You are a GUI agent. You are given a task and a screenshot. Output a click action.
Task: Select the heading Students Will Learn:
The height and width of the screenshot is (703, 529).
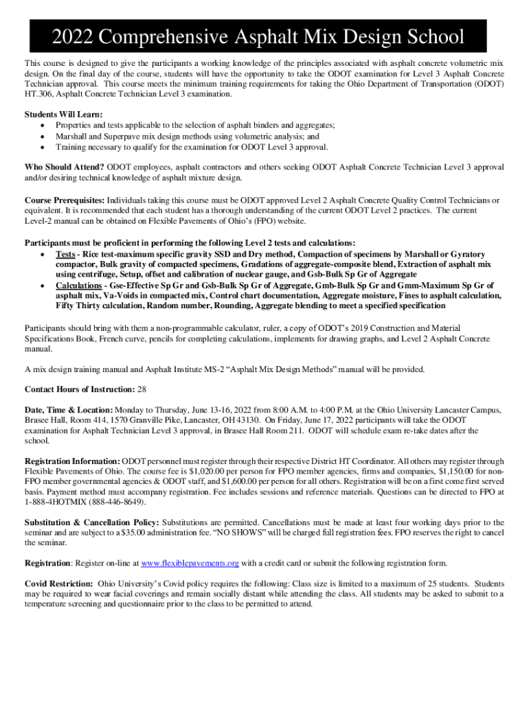64,114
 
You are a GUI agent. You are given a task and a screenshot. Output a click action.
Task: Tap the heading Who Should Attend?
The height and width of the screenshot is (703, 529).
65,167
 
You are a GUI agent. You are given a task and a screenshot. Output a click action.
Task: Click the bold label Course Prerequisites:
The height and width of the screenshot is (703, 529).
65,200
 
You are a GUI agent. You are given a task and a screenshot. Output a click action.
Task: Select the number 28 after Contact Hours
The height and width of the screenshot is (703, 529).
142,389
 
